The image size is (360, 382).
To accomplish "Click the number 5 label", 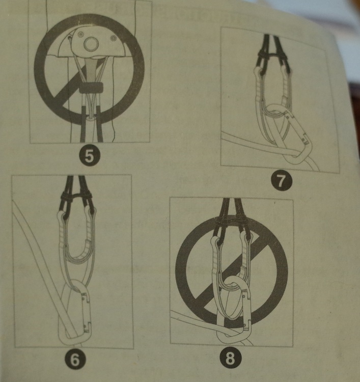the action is point(89,156).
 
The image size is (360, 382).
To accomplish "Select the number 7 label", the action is point(281,181).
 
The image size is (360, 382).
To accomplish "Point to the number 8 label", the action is point(231,358).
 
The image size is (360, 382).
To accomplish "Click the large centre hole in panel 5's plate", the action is point(91,44).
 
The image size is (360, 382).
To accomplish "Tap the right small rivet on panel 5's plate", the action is point(113,38).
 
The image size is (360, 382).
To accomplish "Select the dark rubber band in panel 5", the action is point(91,87).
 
